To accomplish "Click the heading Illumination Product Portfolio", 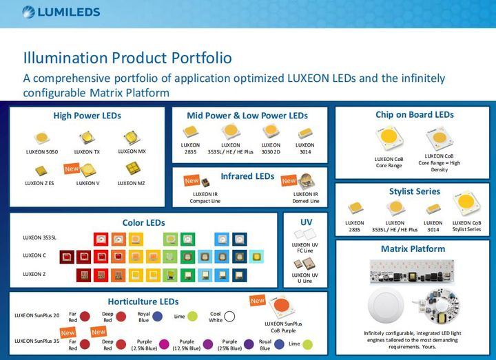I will [x=127, y=58].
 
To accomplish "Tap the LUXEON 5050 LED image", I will [x=43, y=137].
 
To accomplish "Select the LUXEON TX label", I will [x=87, y=151].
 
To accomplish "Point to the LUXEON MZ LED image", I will [x=131, y=167].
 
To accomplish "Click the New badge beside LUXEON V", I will [x=72, y=168].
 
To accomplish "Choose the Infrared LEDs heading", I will [x=247, y=177].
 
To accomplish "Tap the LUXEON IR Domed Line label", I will [x=306, y=198].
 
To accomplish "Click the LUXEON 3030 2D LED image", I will [x=271, y=131].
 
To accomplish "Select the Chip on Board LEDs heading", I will [x=415, y=115].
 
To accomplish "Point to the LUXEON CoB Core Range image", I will [x=388, y=140].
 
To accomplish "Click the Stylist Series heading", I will [x=413, y=191].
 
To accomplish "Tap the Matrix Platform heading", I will [x=413, y=248].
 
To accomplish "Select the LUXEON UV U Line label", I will [x=305, y=278].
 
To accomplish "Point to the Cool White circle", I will [x=230, y=317].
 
